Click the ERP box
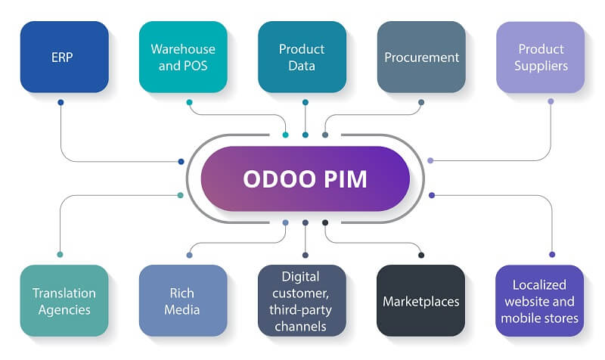(64, 57)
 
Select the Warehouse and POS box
(183, 57)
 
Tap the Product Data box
(302, 57)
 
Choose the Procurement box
(421, 57)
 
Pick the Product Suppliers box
(541, 57)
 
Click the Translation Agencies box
(64, 300)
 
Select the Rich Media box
(183, 300)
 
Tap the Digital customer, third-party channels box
(302, 300)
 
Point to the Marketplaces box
(421, 300)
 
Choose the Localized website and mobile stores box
(541, 300)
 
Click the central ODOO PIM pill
(305, 178)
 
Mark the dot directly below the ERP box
(60, 102)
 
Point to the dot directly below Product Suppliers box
(551, 101)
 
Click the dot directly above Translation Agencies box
(59, 254)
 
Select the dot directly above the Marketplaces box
(420, 254)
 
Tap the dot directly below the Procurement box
(421, 102)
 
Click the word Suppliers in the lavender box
(541, 66)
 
